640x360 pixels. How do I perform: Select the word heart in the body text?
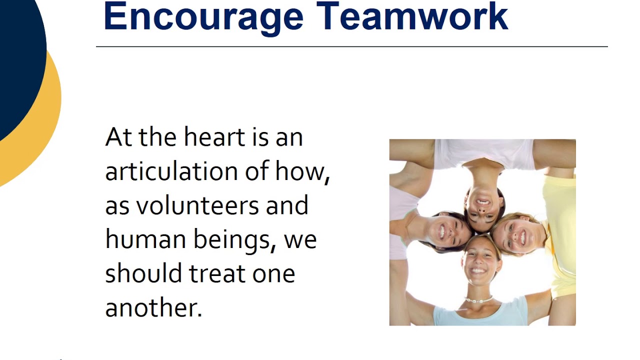[x=214, y=137]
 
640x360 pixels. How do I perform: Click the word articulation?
[x=171, y=171]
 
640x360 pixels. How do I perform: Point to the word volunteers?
[x=198, y=205]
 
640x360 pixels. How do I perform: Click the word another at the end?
[x=153, y=307]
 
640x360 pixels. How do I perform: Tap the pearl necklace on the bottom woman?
[x=478, y=300]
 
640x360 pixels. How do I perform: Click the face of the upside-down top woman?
[x=483, y=205]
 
